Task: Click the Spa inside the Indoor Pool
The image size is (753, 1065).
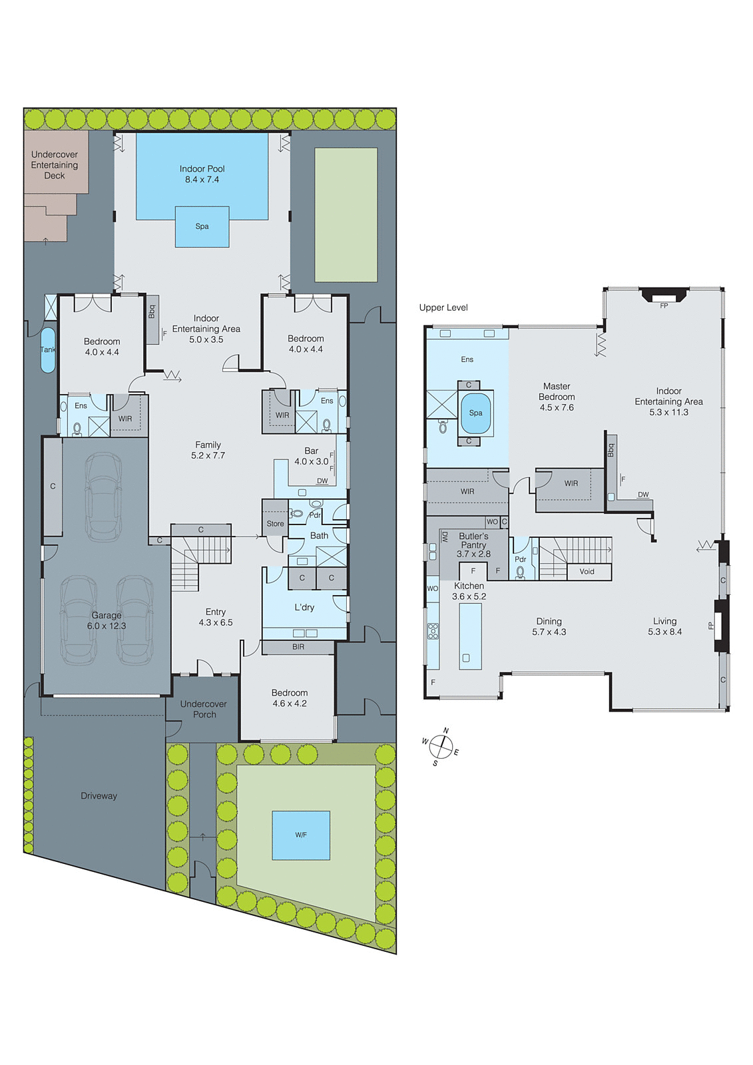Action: tap(202, 226)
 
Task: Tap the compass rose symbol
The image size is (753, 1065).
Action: tap(441, 746)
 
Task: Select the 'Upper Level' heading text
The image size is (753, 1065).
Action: tap(443, 308)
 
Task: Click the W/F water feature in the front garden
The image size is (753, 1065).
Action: tap(301, 835)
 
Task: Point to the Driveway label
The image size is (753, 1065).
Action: tap(99, 795)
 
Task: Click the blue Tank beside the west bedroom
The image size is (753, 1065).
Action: tap(48, 349)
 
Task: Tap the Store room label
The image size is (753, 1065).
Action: tap(275, 524)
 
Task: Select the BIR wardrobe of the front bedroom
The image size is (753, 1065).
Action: tap(298, 647)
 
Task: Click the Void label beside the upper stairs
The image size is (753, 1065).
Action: tap(587, 571)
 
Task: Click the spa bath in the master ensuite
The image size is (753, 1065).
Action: tap(475, 413)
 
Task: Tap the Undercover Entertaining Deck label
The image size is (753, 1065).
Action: tap(55, 164)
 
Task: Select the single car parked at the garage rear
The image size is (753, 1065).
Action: tap(104, 496)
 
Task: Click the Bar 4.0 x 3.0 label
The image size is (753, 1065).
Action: tap(311, 456)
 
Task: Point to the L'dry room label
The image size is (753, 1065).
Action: tap(304, 607)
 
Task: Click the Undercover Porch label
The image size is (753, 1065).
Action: tap(204, 709)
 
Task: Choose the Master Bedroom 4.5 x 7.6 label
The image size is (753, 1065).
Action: tap(557, 397)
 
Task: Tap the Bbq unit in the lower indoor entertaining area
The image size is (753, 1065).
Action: tap(152, 319)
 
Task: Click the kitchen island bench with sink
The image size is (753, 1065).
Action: tap(470, 636)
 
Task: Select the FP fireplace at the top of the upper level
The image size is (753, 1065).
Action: tap(663, 296)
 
